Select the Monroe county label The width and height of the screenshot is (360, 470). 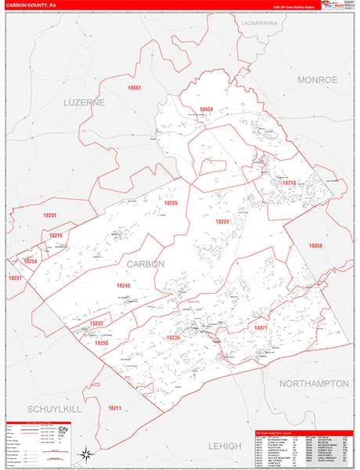pyautogui.click(x=316, y=80)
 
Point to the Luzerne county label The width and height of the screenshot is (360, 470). pyautogui.click(x=84, y=102)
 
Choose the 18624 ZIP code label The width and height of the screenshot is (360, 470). pyautogui.click(x=206, y=109)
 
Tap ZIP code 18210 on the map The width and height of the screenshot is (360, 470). pyautogui.click(x=290, y=183)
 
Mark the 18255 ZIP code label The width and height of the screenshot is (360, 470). pyautogui.click(x=171, y=203)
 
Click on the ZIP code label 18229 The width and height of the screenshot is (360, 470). pyautogui.click(x=223, y=222)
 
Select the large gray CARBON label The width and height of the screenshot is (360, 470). pyautogui.click(x=145, y=264)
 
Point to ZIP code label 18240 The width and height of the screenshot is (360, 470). pyautogui.click(x=123, y=286)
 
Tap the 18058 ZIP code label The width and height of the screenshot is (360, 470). pyautogui.click(x=315, y=246)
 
